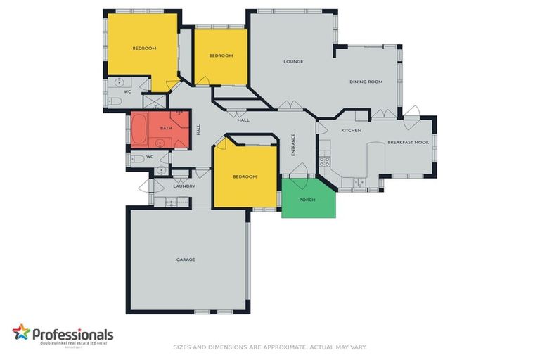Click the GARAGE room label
point(186,259)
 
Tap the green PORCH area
point(308,200)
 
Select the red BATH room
point(167,129)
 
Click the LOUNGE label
point(293,62)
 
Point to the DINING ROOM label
point(366,82)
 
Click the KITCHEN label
point(351,131)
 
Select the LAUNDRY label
point(184,186)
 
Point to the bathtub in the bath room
point(139,129)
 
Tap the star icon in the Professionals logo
point(21,332)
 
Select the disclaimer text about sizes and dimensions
point(269,347)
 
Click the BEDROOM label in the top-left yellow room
point(144,49)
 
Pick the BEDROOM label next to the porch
point(245,176)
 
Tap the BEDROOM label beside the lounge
point(221,56)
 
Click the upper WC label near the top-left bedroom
point(127,91)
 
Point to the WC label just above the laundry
point(149,157)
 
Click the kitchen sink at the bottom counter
point(359,182)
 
